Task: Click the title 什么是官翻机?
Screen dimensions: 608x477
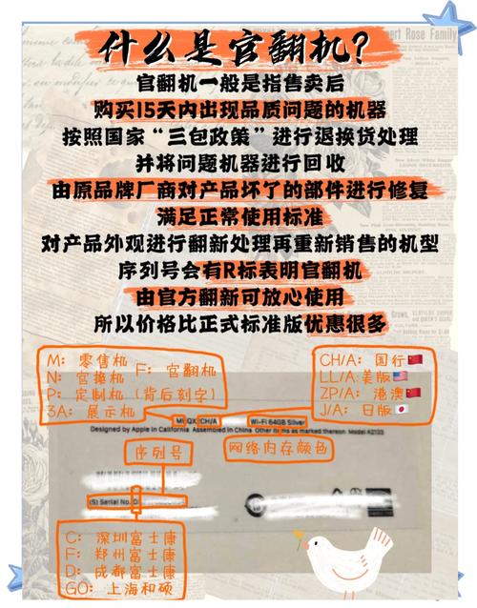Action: [238, 43]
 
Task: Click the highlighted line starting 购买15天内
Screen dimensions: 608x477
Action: [238, 108]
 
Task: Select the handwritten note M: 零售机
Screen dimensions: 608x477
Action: [73, 362]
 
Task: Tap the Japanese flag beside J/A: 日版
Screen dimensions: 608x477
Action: [401, 411]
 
